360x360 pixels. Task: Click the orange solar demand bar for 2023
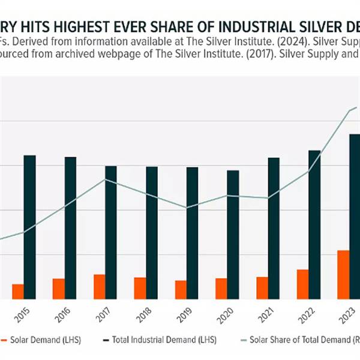(x=343, y=274)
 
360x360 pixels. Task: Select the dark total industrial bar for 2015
(x=29, y=227)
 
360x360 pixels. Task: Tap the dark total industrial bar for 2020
(x=233, y=234)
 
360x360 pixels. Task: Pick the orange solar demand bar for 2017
(x=100, y=286)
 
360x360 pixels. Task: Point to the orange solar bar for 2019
(x=181, y=289)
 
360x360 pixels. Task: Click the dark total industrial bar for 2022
(x=314, y=224)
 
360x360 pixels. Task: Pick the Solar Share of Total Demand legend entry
(x=300, y=340)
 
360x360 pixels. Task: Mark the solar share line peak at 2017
(x=106, y=179)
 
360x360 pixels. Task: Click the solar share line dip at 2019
(x=187, y=208)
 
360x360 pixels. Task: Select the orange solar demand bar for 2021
(x=262, y=287)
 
